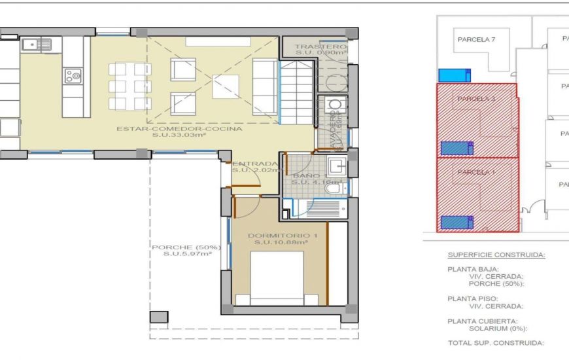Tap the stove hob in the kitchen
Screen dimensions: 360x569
[73, 77]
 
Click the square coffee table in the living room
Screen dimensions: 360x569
[226, 86]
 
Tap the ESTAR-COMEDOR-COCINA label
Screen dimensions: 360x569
[179, 129]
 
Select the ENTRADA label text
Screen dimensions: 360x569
[255, 164]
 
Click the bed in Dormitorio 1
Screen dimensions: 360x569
[277, 278]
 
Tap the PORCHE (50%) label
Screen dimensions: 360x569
[186, 247]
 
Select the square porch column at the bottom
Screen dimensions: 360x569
[158, 317]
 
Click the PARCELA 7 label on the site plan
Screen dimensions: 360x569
[475, 39]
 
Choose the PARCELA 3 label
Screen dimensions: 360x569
[476, 99]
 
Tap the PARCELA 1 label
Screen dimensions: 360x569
[475, 172]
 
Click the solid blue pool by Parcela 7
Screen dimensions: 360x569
[455, 75]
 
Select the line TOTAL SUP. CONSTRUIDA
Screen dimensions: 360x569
[495, 343]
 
